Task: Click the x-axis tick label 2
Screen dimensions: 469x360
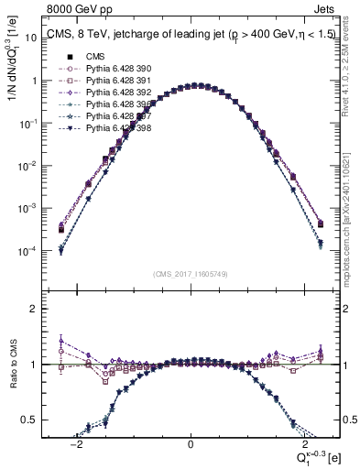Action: (x=303, y=442)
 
